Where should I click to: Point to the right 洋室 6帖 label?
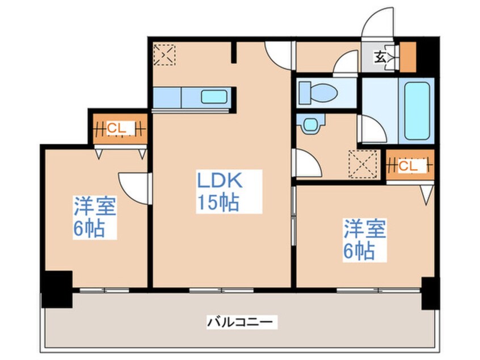pyautogui.click(x=364, y=240)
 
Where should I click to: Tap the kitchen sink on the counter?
pyautogui.click(x=214, y=97)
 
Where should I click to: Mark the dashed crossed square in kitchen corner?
pyautogui.click(x=165, y=55)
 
